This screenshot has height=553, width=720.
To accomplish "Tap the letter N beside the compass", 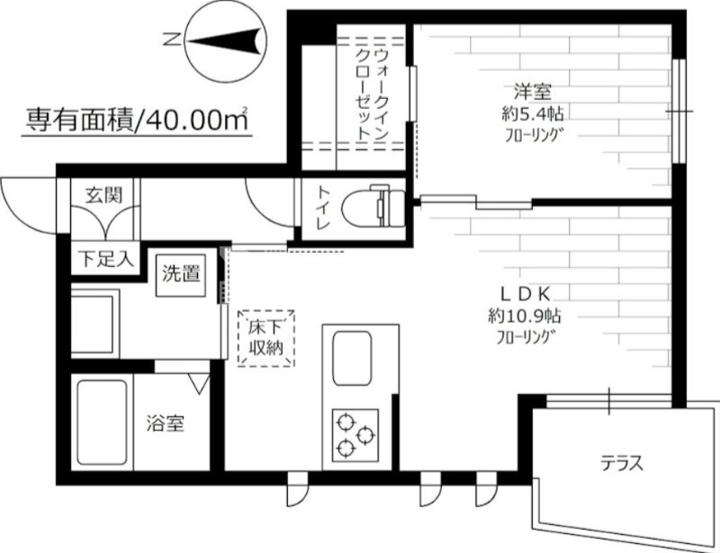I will (168, 40).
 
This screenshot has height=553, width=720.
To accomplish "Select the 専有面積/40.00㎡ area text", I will (135, 118).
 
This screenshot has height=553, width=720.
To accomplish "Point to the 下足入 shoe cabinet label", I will (104, 259).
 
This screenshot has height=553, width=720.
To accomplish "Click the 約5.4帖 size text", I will (537, 114).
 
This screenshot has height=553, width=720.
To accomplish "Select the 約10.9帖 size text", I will (536, 317).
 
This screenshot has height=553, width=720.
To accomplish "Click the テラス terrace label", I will (622, 464).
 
